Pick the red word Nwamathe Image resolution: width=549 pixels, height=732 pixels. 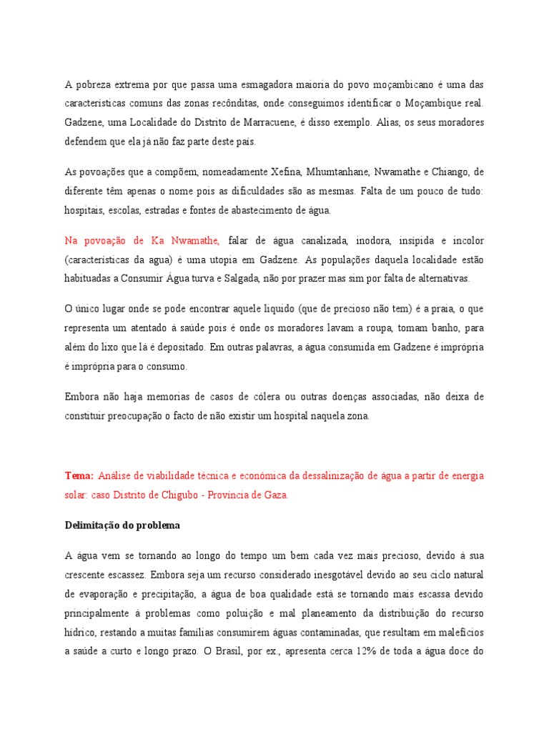(194, 241)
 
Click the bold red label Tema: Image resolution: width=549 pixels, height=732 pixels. (79, 475)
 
